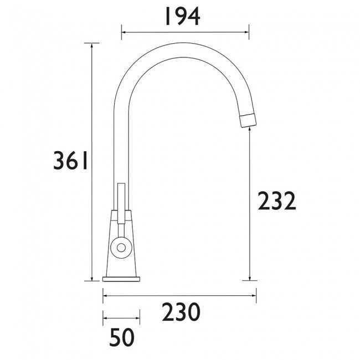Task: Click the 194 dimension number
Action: point(182,17)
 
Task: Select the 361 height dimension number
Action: point(70,160)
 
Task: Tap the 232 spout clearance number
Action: point(277,201)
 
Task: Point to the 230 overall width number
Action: point(181,312)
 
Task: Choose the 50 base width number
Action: point(122,337)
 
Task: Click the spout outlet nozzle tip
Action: point(248,120)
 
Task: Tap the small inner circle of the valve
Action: point(121,248)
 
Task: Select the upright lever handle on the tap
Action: point(121,203)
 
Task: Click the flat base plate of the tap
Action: point(121,279)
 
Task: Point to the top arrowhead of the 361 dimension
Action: point(92,45)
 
